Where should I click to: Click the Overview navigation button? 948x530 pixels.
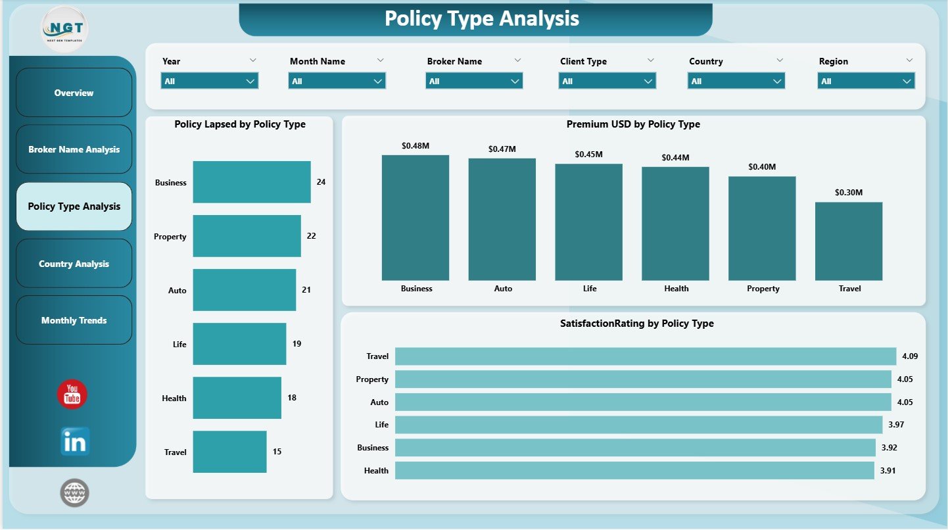coord(74,93)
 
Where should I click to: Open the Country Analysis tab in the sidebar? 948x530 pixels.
coord(74,264)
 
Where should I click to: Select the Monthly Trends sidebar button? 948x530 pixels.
coord(74,320)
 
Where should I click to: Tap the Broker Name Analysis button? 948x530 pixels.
coord(74,149)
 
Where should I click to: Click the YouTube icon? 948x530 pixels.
coord(72,395)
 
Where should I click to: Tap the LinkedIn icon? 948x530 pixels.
coord(75,441)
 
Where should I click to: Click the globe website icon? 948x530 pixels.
coord(74,493)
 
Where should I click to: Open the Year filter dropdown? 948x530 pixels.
coord(210,82)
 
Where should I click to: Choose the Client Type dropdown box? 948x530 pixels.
coord(607,82)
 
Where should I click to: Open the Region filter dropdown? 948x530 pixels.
coord(866,82)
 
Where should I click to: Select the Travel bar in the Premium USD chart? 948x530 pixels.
coord(849,241)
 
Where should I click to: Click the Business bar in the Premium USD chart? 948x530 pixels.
coord(415,218)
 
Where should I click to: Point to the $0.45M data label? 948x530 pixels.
coord(588,154)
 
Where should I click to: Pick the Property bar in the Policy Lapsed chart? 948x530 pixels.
coord(247,236)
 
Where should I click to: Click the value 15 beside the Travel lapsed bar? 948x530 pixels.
coord(277,452)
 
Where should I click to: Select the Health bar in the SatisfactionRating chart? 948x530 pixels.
coord(634,470)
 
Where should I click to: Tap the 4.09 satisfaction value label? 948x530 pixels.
coord(910,356)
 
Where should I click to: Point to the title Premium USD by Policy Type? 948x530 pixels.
coord(633,124)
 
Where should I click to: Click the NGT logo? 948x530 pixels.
coord(64,29)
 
